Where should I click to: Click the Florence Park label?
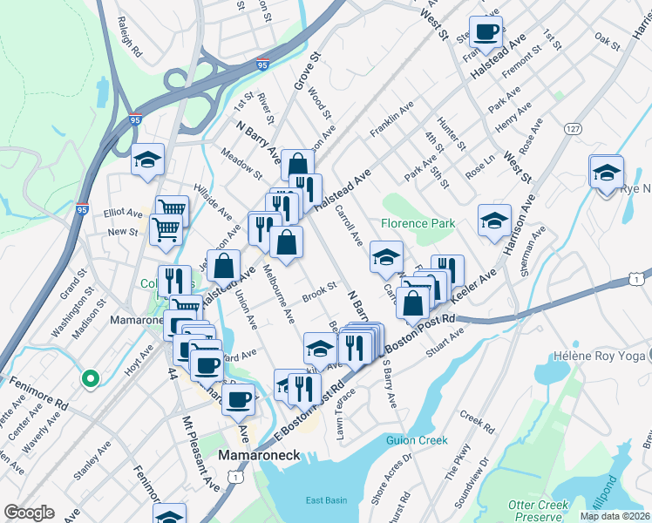[418, 224]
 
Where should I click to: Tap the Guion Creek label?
[417, 440]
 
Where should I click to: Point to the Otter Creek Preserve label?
[538, 511]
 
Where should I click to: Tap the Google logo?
[29, 513]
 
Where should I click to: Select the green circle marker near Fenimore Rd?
[89, 378]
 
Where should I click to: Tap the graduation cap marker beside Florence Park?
[385, 256]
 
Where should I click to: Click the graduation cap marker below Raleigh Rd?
[148, 160]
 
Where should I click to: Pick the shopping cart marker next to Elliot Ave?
[172, 209]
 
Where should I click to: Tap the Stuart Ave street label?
[446, 342]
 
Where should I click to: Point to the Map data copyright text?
[614, 516]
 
